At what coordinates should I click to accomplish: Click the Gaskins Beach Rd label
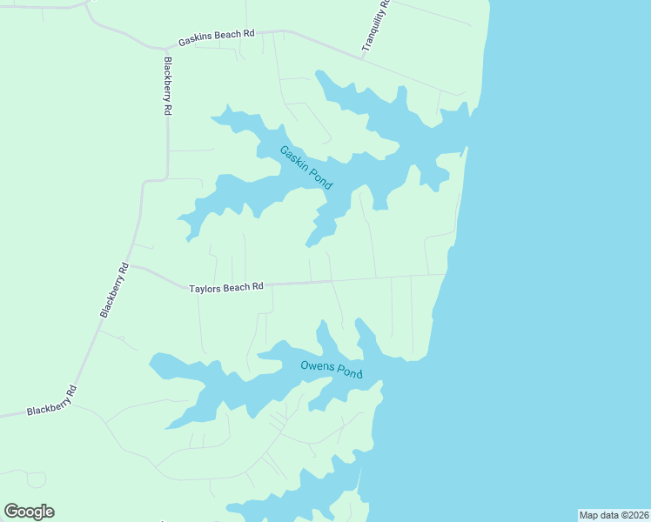(217, 38)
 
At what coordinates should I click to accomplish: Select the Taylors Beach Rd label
(226, 286)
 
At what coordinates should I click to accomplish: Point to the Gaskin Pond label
(305, 168)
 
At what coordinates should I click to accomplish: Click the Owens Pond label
(331, 369)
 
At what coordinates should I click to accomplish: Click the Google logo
(29, 512)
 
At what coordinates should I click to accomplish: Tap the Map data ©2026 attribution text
(614, 515)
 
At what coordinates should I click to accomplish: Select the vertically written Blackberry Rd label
(167, 86)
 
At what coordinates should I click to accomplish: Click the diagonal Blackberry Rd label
(114, 290)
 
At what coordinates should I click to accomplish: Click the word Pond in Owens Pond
(349, 372)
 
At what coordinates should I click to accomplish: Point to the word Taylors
(205, 287)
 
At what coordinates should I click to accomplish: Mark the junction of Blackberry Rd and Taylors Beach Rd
(130, 266)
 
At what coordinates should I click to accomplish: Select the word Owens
(315, 366)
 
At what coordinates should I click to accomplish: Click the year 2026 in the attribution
(636, 515)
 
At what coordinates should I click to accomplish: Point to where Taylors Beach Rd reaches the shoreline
(446, 275)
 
